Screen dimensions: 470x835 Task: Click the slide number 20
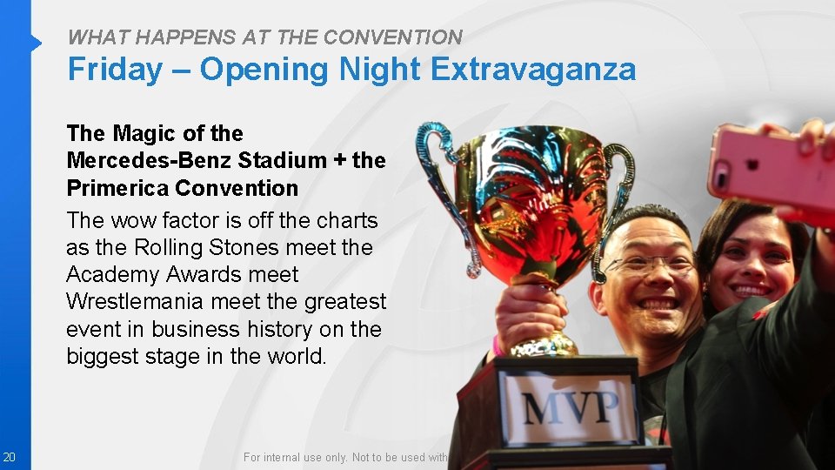8,457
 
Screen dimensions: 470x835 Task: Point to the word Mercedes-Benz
149,161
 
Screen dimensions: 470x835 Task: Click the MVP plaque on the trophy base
570,406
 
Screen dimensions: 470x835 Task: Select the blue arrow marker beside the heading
36,43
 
